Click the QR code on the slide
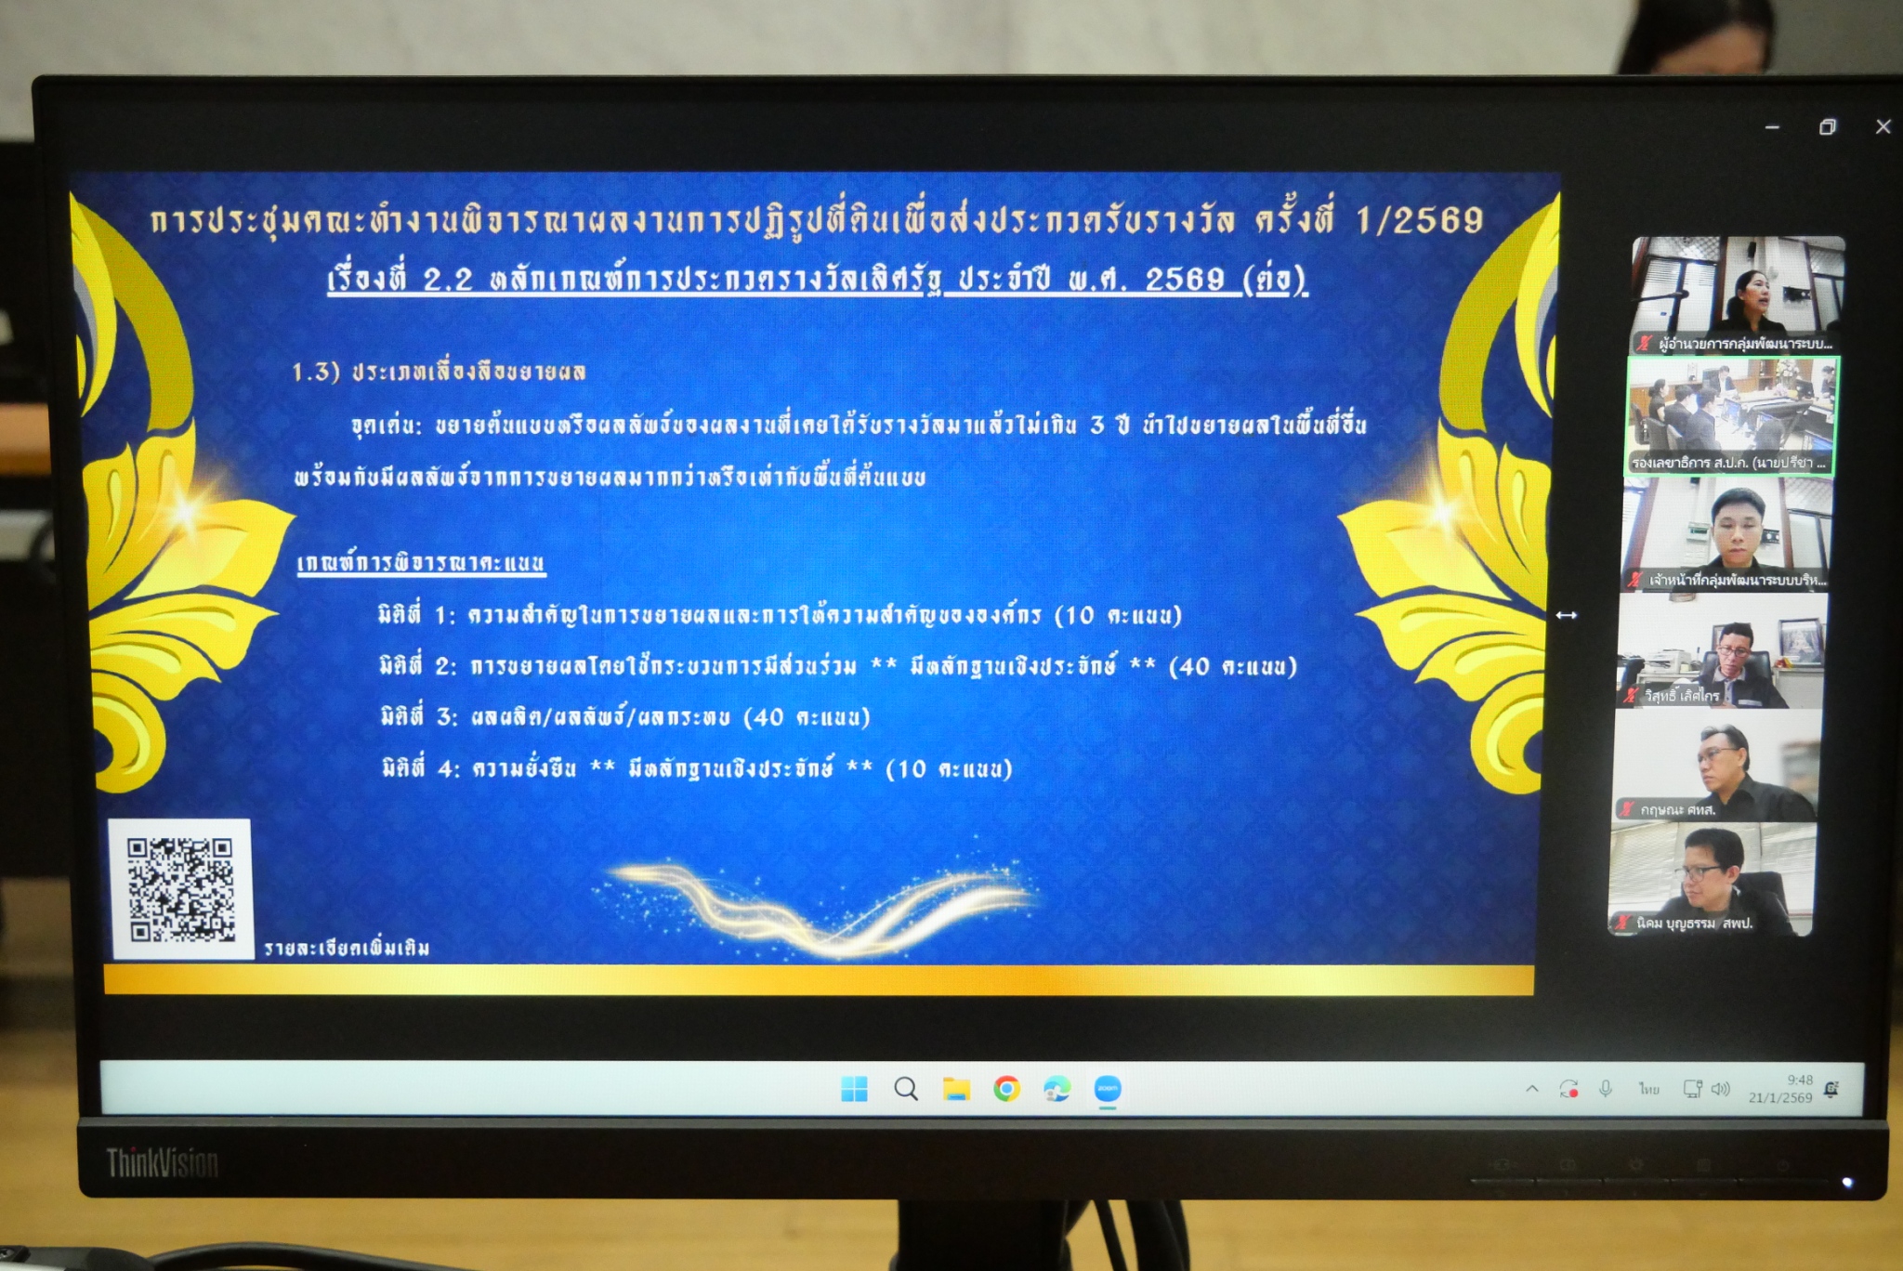point(181,889)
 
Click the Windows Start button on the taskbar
point(854,1089)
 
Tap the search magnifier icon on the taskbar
point(906,1089)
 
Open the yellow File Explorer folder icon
point(956,1089)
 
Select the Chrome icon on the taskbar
point(1006,1089)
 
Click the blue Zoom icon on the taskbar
point(1107,1089)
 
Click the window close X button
point(1883,126)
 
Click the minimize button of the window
point(1772,127)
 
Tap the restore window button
point(1827,127)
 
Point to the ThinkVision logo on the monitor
point(163,1162)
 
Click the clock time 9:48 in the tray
point(1799,1080)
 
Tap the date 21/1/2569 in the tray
point(1779,1097)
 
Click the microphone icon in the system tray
point(1605,1089)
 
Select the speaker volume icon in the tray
point(1721,1089)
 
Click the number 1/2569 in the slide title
point(1419,221)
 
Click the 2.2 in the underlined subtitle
point(448,280)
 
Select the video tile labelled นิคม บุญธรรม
point(1711,879)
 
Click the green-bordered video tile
point(1730,416)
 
